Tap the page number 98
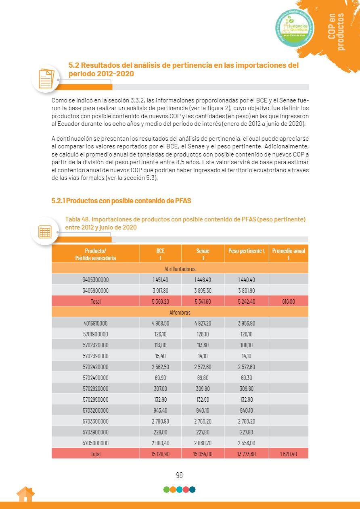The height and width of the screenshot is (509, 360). tap(180, 475)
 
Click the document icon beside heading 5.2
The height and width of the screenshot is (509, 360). tap(46, 78)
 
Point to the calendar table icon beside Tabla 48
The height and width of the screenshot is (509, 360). tap(45, 231)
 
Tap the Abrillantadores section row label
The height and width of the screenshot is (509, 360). tap(180, 269)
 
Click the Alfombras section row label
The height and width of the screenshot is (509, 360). tap(180, 312)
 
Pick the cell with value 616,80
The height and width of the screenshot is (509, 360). tap(288, 301)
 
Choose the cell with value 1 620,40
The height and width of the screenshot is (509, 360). tap(288, 454)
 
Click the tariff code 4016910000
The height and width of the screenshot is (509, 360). tap(96, 323)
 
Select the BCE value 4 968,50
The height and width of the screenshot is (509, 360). tap(160, 323)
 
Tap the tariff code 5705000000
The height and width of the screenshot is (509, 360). tap(96, 443)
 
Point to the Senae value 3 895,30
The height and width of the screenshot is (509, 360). tap(203, 290)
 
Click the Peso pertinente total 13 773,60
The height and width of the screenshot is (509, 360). tap(246, 454)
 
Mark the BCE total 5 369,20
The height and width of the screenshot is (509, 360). tap(160, 301)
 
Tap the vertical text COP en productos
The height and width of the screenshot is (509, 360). tap(337, 31)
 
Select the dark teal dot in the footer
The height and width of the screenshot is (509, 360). tap(193, 490)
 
